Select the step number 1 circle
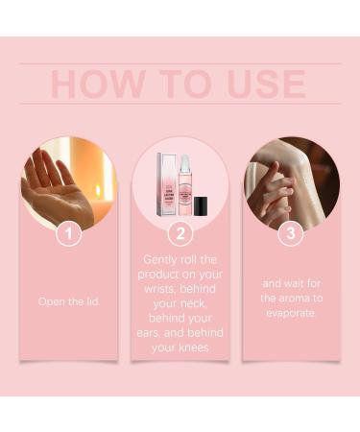point(67,232)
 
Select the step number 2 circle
point(180,232)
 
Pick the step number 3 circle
point(291,232)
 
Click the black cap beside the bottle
point(201,204)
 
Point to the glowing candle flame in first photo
point(98,190)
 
